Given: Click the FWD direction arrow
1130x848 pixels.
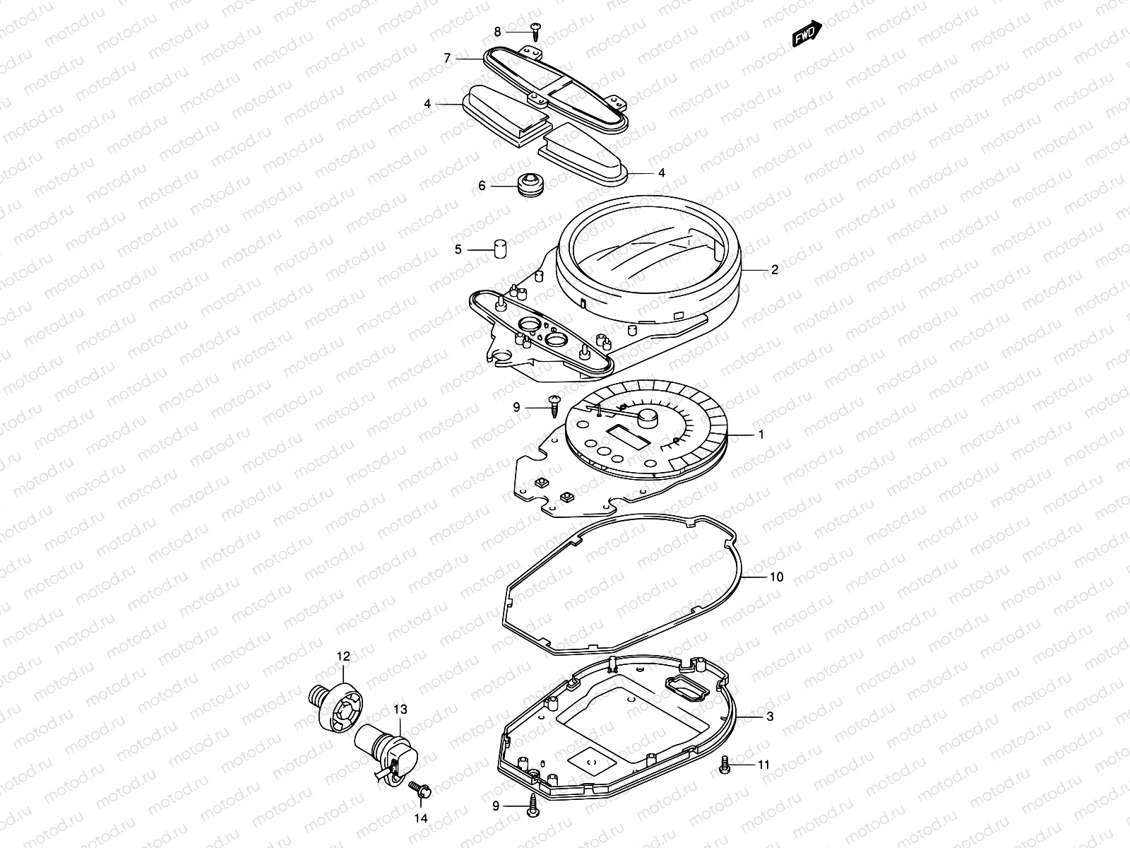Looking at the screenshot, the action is click(807, 34).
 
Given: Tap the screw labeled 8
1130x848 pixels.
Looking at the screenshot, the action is click(537, 31).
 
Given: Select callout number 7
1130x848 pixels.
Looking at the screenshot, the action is click(447, 59).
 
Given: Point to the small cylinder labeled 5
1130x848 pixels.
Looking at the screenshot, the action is click(500, 249).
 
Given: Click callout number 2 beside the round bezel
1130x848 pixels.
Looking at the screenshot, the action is click(774, 269).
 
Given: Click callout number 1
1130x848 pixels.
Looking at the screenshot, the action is click(761, 435).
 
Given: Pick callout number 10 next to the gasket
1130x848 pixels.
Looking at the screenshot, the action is click(775, 577).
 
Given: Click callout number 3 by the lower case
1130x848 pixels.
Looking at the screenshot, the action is click(770, 716).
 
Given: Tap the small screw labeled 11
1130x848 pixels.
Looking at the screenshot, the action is click(725, 765).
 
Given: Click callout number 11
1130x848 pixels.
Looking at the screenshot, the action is click(763, 765).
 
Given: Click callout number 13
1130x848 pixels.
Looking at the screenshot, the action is click(400, 709).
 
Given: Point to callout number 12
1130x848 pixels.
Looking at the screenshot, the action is click(343, 656).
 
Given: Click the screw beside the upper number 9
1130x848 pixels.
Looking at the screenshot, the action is click(555, 406).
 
